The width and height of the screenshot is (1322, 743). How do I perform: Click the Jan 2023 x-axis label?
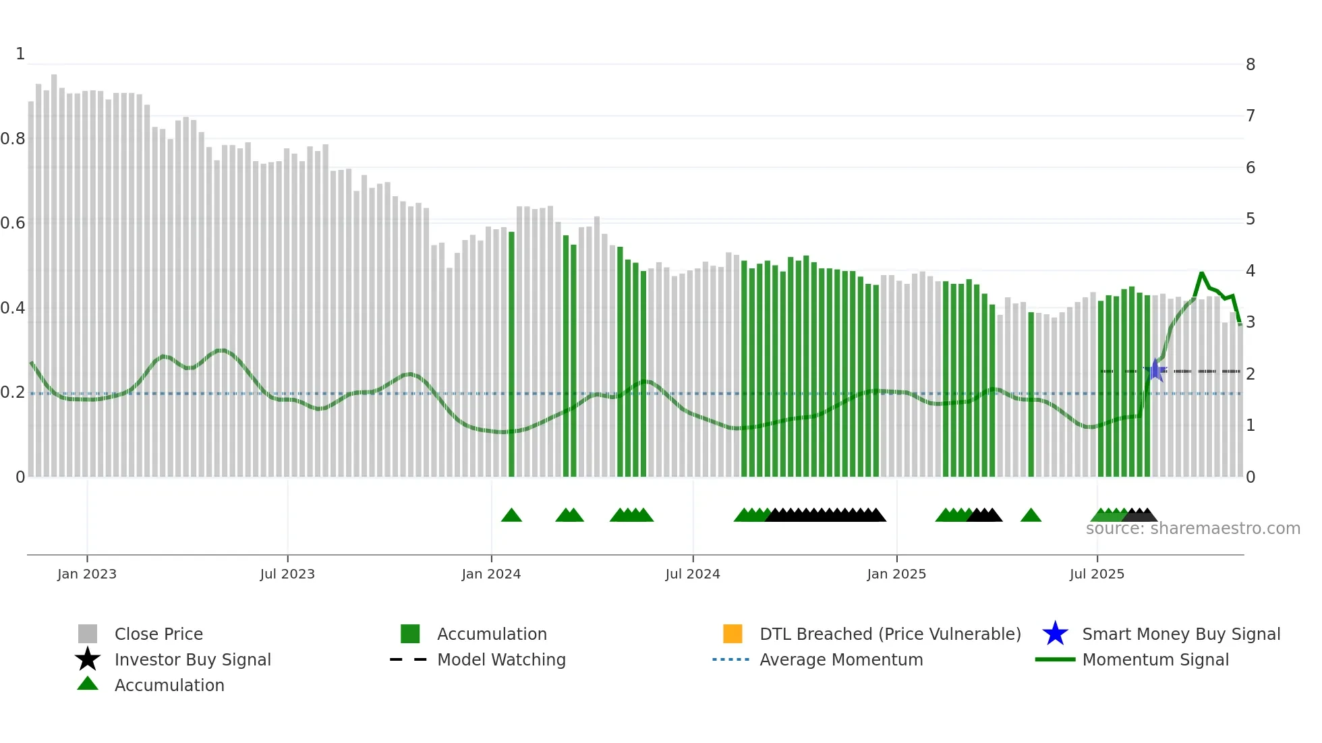tap(86, 574)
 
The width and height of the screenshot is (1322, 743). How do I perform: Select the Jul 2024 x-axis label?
tap(693, 574)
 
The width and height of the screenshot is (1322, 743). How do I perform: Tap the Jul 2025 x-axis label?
tap(1097, 574)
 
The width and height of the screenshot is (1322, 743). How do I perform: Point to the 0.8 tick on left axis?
tap(13, 139)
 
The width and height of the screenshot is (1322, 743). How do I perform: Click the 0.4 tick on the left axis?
tap(13, 308)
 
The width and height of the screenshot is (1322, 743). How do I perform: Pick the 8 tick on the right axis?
tap(1251, 65)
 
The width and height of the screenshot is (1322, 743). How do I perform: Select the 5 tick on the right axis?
tap(1251, 219)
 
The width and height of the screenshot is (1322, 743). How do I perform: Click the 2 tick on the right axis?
tap(1251, 374)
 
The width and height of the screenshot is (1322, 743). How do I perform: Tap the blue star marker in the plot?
tap(1155, 370)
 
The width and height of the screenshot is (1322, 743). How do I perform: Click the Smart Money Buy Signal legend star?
tap(1055, 634)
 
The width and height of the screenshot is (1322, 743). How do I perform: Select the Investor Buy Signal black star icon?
tap(88, 659)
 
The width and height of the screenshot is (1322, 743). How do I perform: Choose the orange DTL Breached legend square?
tap(732, 634)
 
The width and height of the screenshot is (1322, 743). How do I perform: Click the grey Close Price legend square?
tap(88, 634)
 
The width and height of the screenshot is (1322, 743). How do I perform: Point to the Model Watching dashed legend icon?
tap(409, 659)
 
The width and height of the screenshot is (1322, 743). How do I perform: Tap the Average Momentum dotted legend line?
tap(731, 659)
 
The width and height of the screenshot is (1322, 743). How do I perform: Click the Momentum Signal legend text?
tap(1155, 659)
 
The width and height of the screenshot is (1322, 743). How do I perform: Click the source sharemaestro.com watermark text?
tap(1192, 529)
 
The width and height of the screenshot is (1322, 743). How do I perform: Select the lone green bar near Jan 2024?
tap(511, 354)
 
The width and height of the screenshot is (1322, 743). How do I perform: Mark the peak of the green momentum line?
tap(1201, 272)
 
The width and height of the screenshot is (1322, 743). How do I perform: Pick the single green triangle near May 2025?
tap(1031, 516)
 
